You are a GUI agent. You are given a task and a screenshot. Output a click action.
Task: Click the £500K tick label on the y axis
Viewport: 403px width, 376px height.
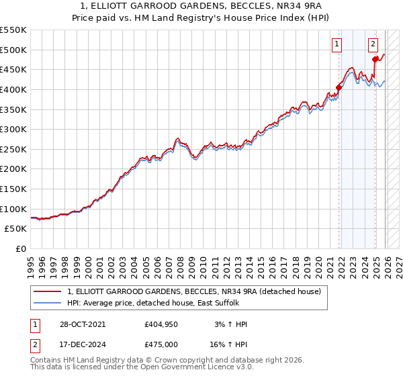13,50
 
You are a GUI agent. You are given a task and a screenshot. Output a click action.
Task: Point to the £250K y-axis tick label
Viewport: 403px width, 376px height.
13,149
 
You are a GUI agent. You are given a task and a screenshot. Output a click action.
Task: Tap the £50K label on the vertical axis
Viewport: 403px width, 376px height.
16,229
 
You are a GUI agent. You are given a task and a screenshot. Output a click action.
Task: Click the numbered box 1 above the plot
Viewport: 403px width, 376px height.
336,45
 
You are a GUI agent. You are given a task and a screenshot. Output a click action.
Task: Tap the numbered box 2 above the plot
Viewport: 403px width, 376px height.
373,45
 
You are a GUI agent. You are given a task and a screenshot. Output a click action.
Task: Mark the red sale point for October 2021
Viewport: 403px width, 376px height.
339,87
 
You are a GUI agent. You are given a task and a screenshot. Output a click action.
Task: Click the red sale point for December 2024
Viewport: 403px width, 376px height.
375,60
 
